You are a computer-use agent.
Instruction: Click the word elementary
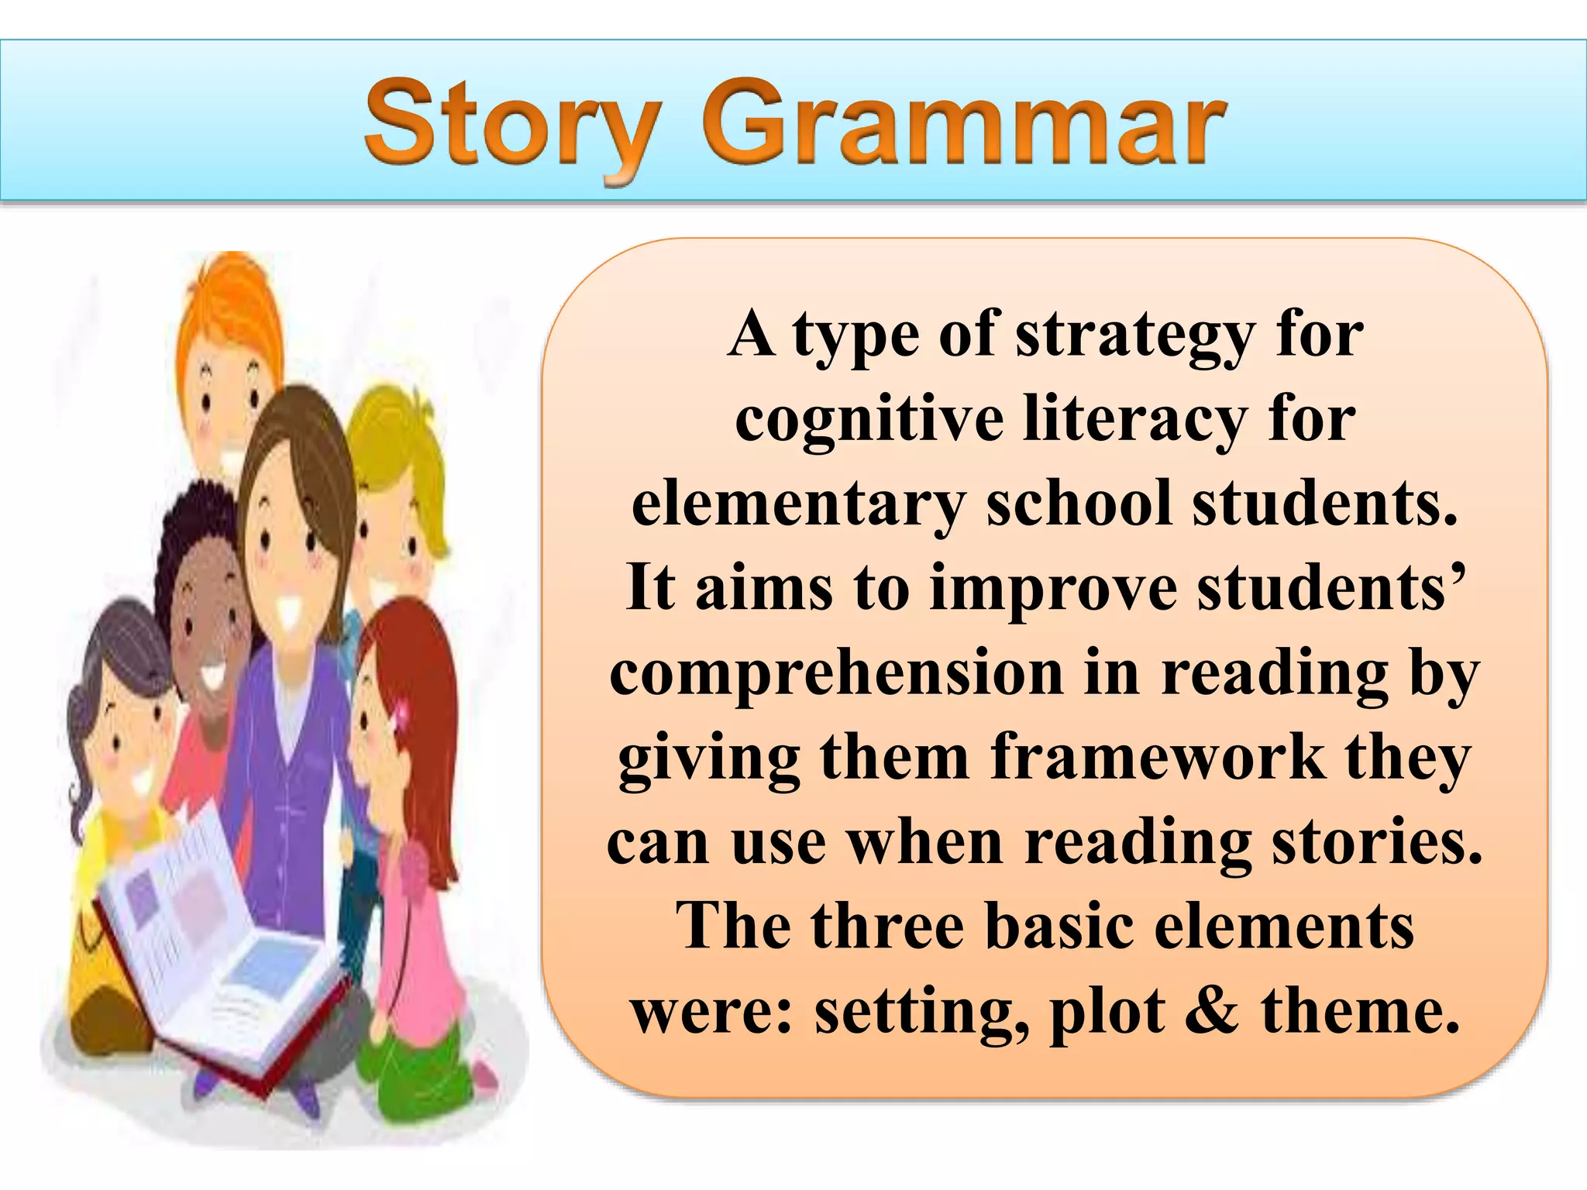pos(798,504)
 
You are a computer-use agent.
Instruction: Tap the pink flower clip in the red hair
pos(401,714)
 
